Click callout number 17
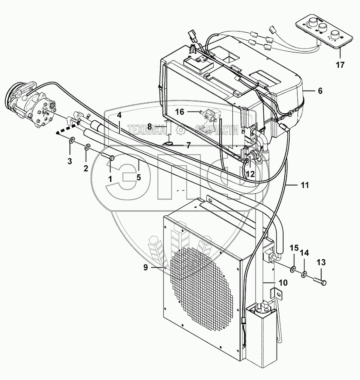point(340,65)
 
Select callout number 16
point(180,112)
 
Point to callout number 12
point(250,174)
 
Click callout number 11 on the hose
point(305,185)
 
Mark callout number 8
point(149,126)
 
